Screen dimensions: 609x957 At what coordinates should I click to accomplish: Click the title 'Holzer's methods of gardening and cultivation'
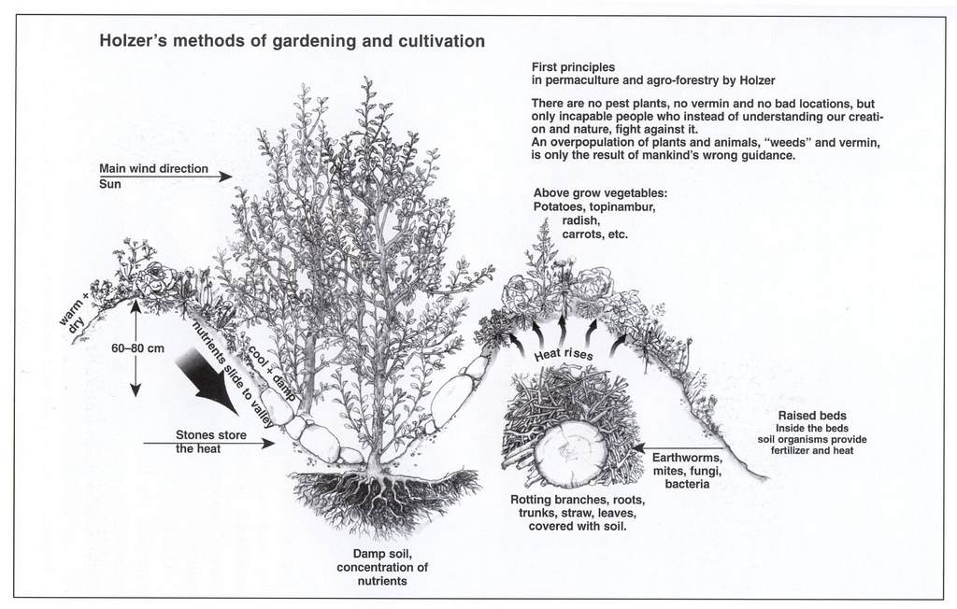point(292,41)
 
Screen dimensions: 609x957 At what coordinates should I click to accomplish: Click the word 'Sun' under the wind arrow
point(110,184)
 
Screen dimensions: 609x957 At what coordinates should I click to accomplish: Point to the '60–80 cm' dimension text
point(137,348)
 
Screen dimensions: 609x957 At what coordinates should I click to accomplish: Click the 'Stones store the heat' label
point(203,441)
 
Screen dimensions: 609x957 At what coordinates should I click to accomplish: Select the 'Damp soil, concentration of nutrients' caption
point(382,567)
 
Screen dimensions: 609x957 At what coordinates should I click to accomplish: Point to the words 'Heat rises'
point(564,354)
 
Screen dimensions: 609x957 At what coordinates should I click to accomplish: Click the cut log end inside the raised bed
point(571,452)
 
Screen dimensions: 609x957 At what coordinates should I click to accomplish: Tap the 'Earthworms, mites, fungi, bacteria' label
point(687,471)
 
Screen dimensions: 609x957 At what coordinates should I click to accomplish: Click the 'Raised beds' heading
point(812,415)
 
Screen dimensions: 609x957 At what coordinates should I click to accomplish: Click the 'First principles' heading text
point(573,67)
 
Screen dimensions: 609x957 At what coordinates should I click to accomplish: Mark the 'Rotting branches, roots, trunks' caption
point(577,513)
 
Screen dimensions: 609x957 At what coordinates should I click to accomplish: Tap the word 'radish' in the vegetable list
point(579,220)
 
